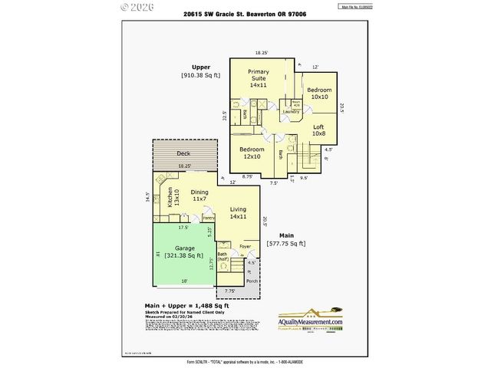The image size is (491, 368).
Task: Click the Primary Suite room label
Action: click(x=257, y=77)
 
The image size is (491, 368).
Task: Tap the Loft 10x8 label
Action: click(x=318, y=130)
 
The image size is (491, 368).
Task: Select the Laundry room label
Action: click(x=290, y=113)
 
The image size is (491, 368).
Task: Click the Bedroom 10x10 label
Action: click(x=318, y=94)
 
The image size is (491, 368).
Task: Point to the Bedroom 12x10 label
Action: click(x=251, y=153)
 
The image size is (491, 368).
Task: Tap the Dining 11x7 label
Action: click(x=199, y=197)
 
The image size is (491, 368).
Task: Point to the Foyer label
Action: click(x=245, y=247)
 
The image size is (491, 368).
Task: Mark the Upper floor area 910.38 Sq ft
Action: click(x=200, y=75)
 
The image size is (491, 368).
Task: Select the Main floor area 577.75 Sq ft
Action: click(x=285, y=243)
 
